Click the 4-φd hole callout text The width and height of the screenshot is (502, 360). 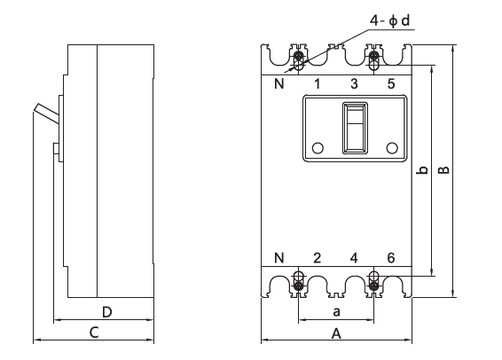(x=389, y=21)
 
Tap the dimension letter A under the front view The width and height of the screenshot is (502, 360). (x=336, y=333)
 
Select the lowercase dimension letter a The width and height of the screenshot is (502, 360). (x=336, y=311)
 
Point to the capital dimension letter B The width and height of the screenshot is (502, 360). (x=443, y=170)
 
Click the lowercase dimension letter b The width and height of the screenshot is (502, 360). (x=423, y=170)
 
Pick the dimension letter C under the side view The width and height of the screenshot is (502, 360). (x=94, y=333)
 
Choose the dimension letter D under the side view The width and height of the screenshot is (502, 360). (x=107, y=312)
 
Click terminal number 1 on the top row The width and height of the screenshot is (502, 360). (x=317, y=84)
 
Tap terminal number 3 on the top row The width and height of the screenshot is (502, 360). (x=354, y=84)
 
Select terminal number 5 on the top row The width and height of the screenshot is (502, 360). (x=391, y=84)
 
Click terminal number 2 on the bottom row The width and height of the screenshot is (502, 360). (x=317, y=258)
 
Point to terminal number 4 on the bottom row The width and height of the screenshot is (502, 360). (x=354, y=258)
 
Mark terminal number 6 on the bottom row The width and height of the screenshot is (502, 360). (x=391, y=258)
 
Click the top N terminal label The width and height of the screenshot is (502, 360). (x=279, y=84)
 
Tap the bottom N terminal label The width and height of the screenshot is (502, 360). (x=279, y=258)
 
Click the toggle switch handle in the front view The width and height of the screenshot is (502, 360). (x=355, y=128)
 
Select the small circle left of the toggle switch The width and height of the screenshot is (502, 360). (x=318, y=148)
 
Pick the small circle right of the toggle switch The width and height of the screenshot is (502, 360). (x=392, y=148)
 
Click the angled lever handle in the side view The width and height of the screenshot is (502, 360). (x=46, y=113)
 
